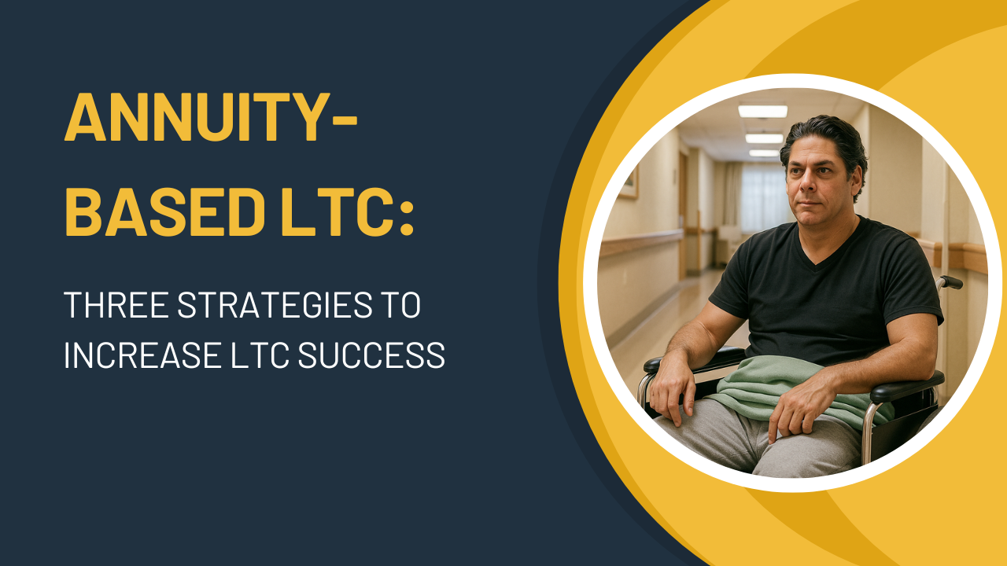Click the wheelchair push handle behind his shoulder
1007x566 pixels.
click(x=950, y=281)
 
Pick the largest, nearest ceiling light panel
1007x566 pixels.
click(x=762, y=111)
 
